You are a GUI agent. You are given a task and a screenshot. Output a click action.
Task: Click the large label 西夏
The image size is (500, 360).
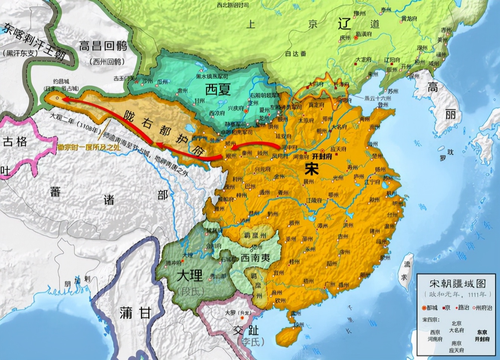(x=218, y=90)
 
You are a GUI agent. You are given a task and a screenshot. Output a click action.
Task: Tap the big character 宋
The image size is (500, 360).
(x=312, y=169)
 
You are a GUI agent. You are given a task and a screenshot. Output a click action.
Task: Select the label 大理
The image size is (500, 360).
(x=190, y=275)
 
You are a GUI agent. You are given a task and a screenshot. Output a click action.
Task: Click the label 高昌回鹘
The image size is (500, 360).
(x=103, y=46)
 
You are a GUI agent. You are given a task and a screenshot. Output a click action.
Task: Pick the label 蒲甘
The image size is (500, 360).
(x=135, y=313)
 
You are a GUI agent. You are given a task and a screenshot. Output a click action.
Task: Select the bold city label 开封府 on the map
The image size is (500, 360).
(x=322, y=156)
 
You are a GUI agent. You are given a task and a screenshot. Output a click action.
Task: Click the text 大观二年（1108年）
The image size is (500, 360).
(x=74, y=125)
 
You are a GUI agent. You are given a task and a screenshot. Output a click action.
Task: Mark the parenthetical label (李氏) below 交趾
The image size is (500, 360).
(x=253, y=342)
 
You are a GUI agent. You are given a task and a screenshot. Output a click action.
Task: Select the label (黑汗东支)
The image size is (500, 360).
(x=20, y=53)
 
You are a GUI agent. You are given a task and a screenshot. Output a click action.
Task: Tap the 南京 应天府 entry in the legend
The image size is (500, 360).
(x=456, y=346)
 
